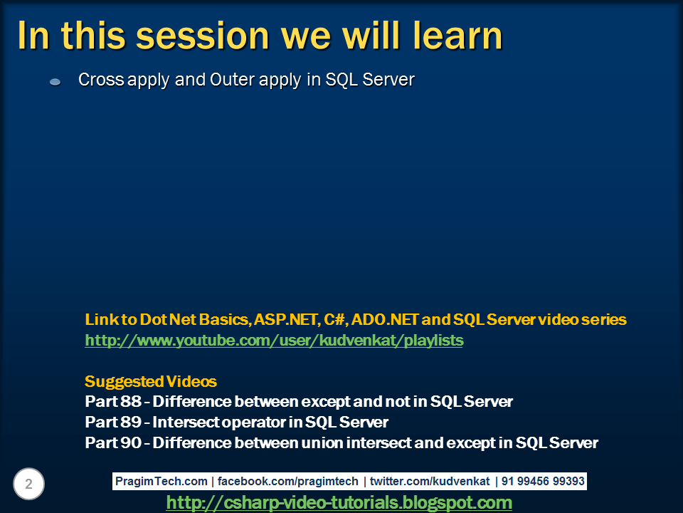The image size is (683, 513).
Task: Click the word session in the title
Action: (x=202, y=36)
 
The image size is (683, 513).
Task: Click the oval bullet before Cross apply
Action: (x=55, y=81)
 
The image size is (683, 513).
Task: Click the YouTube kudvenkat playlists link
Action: (x=274, y=341)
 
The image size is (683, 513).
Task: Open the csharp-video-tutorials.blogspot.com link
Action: (x=339, y=502)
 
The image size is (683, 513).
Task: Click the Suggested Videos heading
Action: (x=151, y=381)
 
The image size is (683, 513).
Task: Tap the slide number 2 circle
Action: (x=28, y=484)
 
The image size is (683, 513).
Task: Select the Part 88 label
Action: (x=113, y=401)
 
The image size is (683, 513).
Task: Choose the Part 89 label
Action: (x=113, y=422)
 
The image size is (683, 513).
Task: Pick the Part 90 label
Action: (x=113, y=442)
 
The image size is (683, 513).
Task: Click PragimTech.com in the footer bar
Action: (x=162, y=481)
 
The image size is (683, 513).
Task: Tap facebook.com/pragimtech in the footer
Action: (x=287, y=481)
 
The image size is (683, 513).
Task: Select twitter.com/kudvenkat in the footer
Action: (x=430, y=481)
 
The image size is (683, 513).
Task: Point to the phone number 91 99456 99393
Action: (x=543, y=481)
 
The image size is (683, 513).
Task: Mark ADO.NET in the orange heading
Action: (x=385, y=319)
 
